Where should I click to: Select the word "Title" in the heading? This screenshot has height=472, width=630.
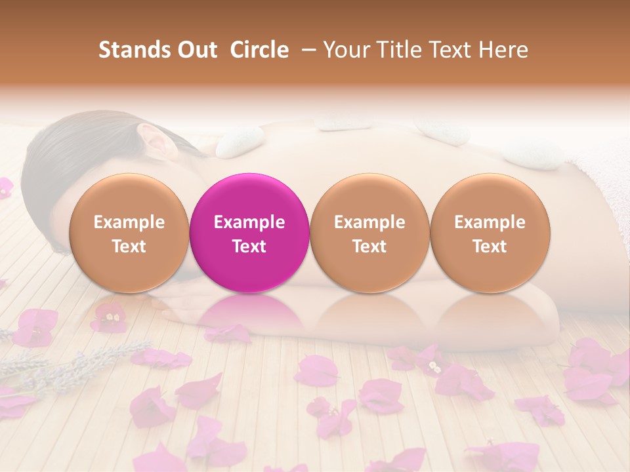pos(399,50)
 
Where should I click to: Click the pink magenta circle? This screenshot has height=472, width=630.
pos(249,233)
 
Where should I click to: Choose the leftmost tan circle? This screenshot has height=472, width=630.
pos(129,233)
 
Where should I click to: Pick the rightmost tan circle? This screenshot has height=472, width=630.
pos(490,233)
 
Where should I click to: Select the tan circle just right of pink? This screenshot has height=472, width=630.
pos(369,233)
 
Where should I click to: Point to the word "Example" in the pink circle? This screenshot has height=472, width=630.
pos(249,222)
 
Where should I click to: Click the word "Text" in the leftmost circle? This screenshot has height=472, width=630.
pos(129,246)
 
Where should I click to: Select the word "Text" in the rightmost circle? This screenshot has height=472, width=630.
pos(490,246)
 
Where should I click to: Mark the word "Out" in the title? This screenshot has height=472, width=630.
pos(195,50)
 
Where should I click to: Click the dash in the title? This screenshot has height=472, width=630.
pos(306,50)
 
